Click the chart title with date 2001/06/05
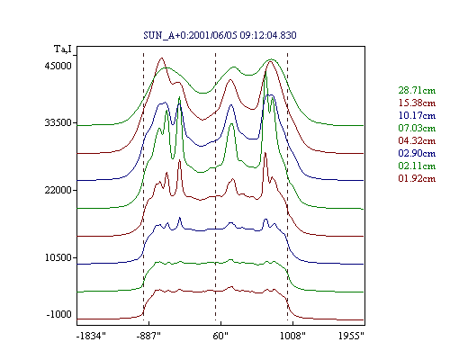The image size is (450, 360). coord(220,35)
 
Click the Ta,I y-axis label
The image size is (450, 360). coord(63,49)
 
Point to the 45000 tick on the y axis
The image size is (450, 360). coord(58,66)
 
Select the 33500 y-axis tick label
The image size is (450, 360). coord(58,122)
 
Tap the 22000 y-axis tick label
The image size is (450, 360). coord(58,190)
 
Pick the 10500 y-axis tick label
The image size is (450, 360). coord(58,257)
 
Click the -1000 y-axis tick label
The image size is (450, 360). coord(59,314)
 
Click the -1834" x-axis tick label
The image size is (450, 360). coord(91,336)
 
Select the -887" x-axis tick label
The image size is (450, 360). coord(148,336)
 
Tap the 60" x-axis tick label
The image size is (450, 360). coord(220,336)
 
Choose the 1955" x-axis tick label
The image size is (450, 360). coord(351,336)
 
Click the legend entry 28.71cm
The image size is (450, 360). coord(417,90)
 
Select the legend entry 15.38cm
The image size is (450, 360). coord(417,103)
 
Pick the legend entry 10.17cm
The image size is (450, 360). coord(417,115)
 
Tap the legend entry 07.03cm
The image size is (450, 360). coord(417,128)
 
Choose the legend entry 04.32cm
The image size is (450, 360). coord(417,140)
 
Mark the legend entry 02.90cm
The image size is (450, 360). coord(417,153)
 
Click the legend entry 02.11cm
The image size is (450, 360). coord(417,166)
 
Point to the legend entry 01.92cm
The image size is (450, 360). coord(417,178)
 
